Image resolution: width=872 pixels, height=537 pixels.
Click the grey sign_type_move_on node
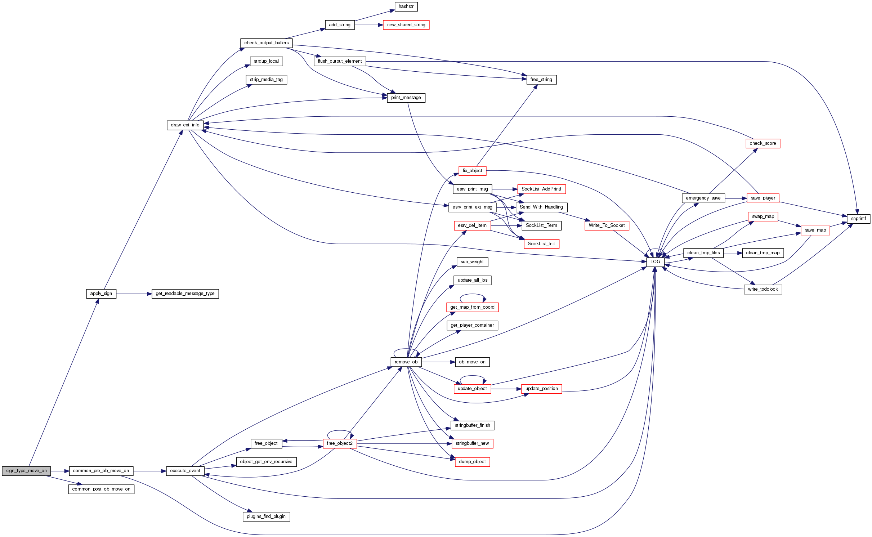pyautogui.click(x=26, y=471)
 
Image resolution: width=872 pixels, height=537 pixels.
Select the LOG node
pyautogui.click(x=655, y=262)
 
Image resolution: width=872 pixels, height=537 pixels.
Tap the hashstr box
pyautogui.click(x=406, y=6)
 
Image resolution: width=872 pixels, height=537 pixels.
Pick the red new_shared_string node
pyautogui.click(x=406, y=25)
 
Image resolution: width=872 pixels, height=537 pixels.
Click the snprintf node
pyautogui.click(x=858, y=219)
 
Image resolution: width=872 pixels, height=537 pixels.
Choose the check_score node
pyautogui.click(x=763, y=143)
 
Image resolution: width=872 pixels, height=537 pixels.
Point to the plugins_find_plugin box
pyautogui.click(x=266, y=516)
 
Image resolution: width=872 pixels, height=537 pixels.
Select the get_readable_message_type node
pyautogui.click(x=185, y=294)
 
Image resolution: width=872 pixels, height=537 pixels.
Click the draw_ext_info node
pyautogui.click(x=185, y=125)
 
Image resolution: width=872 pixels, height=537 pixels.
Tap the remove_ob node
pyautogui.click(x=406, y=362)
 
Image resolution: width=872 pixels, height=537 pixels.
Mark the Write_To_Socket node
pyautogui.click(x=607, y=225)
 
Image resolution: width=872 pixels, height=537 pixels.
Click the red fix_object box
pyautogui.click(x=472, y=171)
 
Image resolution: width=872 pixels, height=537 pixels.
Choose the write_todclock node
pyautogui.click(x=763, y=289)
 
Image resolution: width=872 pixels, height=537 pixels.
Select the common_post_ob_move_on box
pyautogui.click(x=101, y=489)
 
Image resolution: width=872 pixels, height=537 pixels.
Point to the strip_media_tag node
pyautogui.click(x=266, y=80)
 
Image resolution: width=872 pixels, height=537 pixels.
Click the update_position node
pyautogui.click(x=541, y=389)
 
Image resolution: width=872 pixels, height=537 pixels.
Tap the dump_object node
pyautogui.click(x=472, y=462)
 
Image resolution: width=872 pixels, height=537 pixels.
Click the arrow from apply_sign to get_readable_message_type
pyautogui.click(x=134, y=294)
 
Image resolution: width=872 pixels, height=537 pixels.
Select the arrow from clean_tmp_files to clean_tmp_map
pyautogui.click(x=733, y=253)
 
